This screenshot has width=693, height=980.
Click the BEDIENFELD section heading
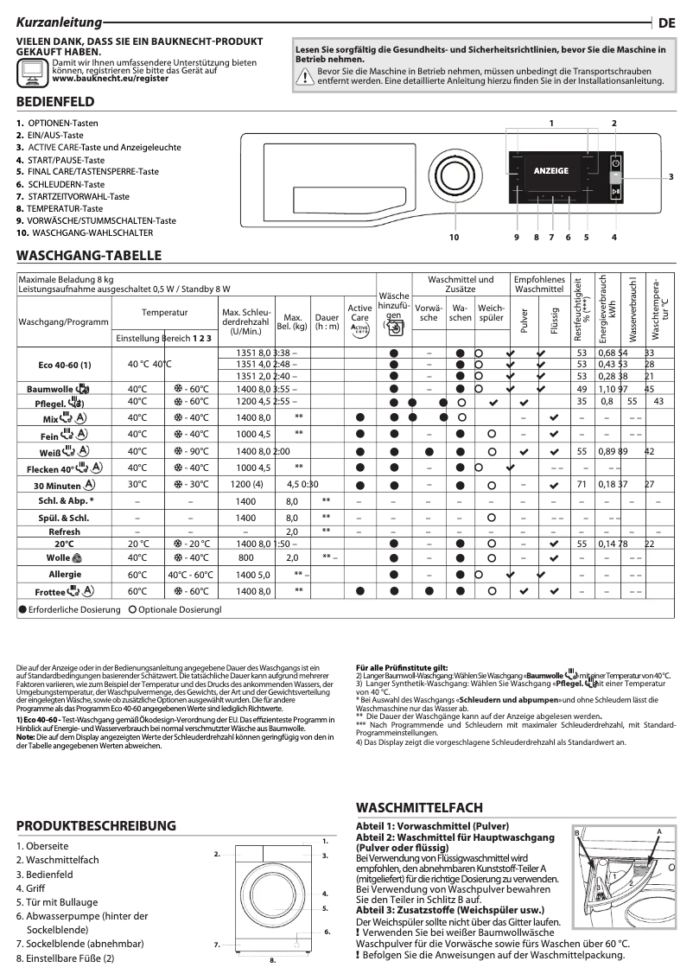[55, 102]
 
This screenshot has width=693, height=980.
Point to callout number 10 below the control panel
[454, 236]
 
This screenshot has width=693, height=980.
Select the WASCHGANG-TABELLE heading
[89, 257]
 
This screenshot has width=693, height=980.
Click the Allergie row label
[65, 574]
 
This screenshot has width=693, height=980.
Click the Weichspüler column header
[491, 312]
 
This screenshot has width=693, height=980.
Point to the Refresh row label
[65, 531]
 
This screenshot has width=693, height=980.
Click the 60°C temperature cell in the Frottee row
[137, 592]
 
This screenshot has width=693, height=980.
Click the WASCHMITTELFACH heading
[419, 807]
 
